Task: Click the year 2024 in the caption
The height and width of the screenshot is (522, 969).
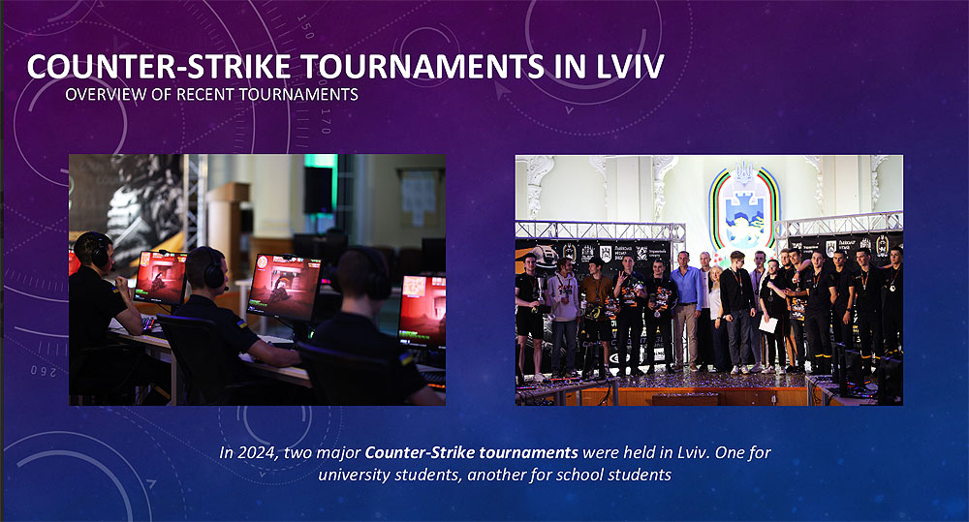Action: (x=258, y=453)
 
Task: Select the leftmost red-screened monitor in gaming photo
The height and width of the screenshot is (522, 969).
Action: (x=160, y=277)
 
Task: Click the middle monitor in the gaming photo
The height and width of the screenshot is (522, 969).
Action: (x=284, y=288)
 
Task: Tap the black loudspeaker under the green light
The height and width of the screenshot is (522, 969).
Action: (x=318, y=190)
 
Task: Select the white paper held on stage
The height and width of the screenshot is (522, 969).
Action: (x=768, y=324)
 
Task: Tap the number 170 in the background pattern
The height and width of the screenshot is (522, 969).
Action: (x=326, y=121)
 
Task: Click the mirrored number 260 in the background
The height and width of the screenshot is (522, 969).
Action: (x=44, y=371)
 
